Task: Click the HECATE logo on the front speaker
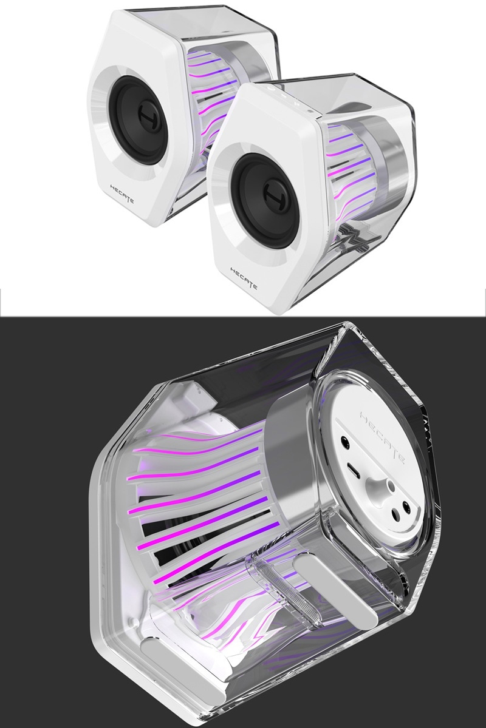coord(244,278)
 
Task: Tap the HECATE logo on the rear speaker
coord(122,194)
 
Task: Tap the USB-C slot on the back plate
coord(352,470)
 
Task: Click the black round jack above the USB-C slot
coord(344,440)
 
